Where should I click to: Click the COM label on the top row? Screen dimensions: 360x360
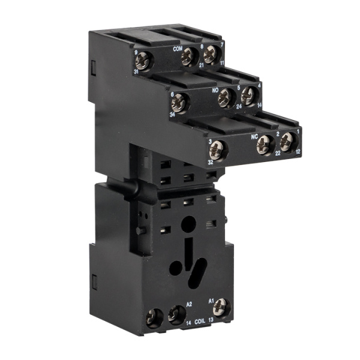(177, 48)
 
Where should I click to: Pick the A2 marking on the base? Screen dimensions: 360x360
(190, 304)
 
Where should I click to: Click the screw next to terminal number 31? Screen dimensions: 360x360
(145, 61)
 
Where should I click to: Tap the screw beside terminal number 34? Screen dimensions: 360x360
(179, 103)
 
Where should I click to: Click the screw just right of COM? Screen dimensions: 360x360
(190, 56)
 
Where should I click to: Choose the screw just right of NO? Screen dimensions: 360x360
(226, 97)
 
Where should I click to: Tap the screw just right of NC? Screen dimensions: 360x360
(265, 143)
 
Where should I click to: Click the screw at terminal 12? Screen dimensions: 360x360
(287, 141)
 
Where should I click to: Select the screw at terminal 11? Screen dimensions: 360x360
(209, 55)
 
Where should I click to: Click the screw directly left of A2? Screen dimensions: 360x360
(176, 314)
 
